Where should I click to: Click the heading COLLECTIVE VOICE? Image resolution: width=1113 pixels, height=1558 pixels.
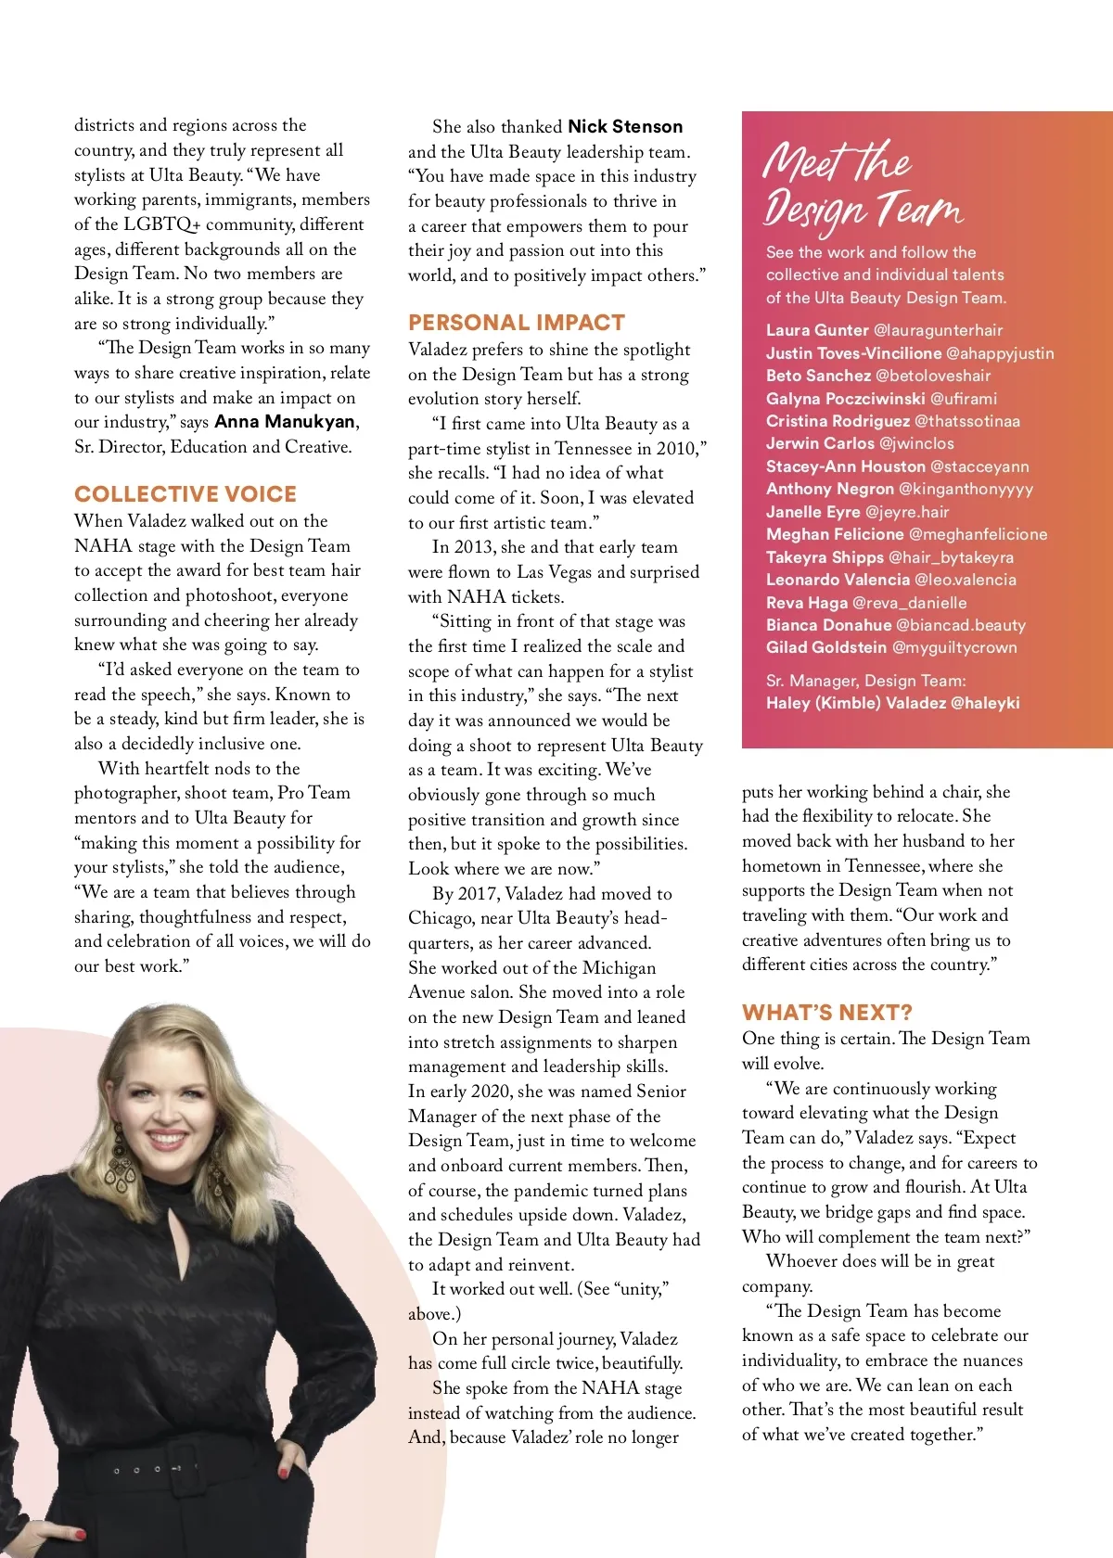click(185, 494)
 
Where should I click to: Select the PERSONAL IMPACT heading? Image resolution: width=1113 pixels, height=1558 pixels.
click(517, 323)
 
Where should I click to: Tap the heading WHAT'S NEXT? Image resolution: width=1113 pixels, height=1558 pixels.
click(827, 1012)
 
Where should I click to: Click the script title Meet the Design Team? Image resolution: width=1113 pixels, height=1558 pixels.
click(863, 185)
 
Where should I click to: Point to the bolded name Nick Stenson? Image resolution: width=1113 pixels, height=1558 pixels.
click(625, 127)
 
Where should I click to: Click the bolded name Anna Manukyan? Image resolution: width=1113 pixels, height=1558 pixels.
click(285, 422)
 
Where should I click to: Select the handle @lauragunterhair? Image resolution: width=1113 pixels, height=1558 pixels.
click(938, 330)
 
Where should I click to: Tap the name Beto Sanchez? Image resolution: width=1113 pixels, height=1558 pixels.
click(818, 376)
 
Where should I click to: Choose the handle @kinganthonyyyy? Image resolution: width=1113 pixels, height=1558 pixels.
click(966, 489)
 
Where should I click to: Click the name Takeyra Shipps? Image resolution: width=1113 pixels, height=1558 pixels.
click(825, 557)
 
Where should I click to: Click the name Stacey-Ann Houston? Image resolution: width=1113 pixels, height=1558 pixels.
click(845, 466)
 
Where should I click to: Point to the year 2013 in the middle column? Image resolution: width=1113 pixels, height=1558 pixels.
click(474, 547)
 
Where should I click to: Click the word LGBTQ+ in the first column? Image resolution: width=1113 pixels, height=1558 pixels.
click(162, 224)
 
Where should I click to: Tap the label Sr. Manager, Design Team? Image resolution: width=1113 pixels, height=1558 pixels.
click(865, 681)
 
